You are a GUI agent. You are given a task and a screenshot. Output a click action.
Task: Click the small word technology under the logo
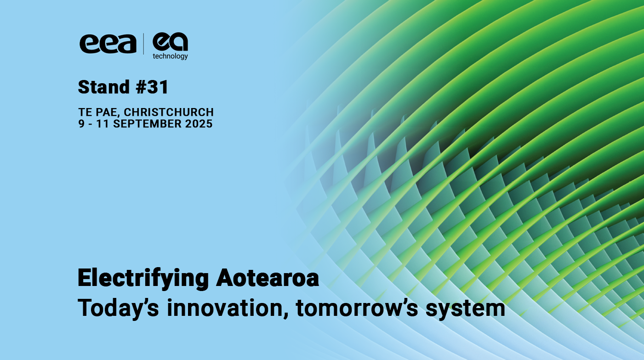coord(170,57)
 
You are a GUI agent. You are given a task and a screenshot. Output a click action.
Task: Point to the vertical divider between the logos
coord(144,44)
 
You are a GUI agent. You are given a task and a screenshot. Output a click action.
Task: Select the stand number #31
coord(152,87)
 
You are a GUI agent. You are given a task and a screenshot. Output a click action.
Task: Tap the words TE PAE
coord(98,112)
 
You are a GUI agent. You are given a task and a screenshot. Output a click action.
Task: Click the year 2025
coord(200,124)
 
